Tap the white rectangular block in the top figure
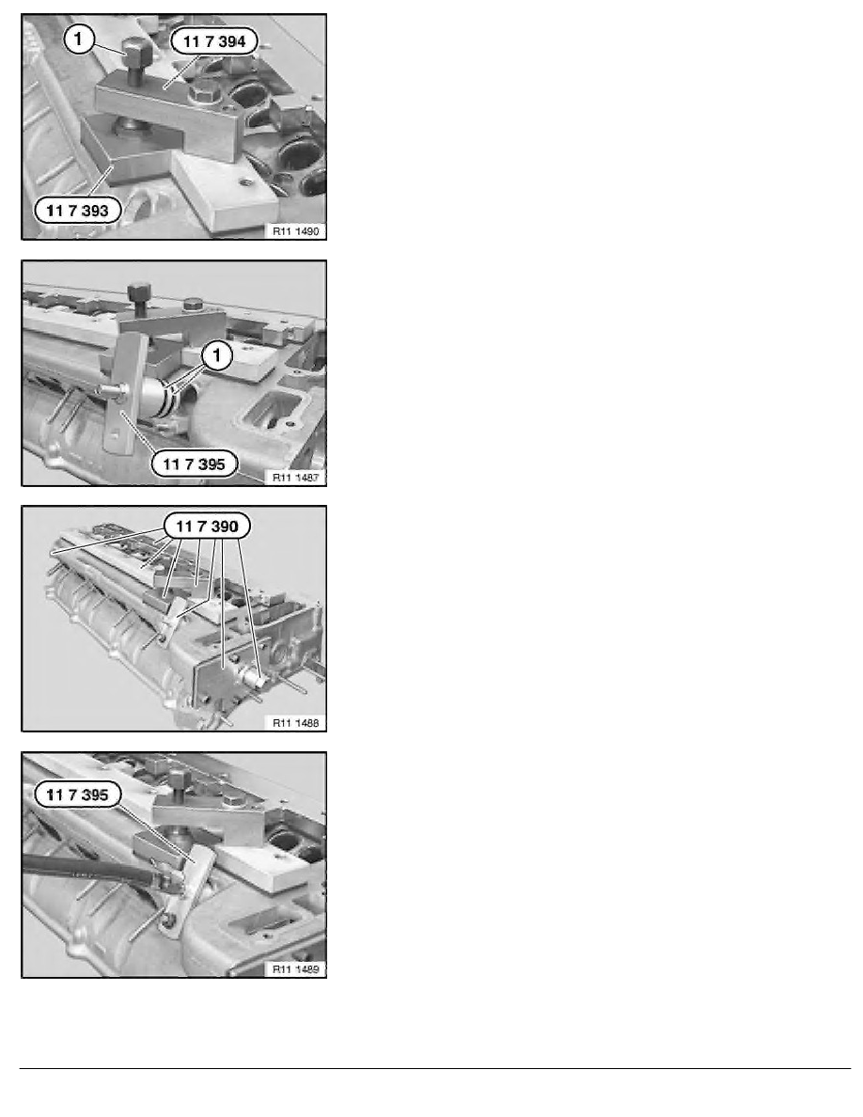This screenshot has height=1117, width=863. [x=226, y=193]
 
